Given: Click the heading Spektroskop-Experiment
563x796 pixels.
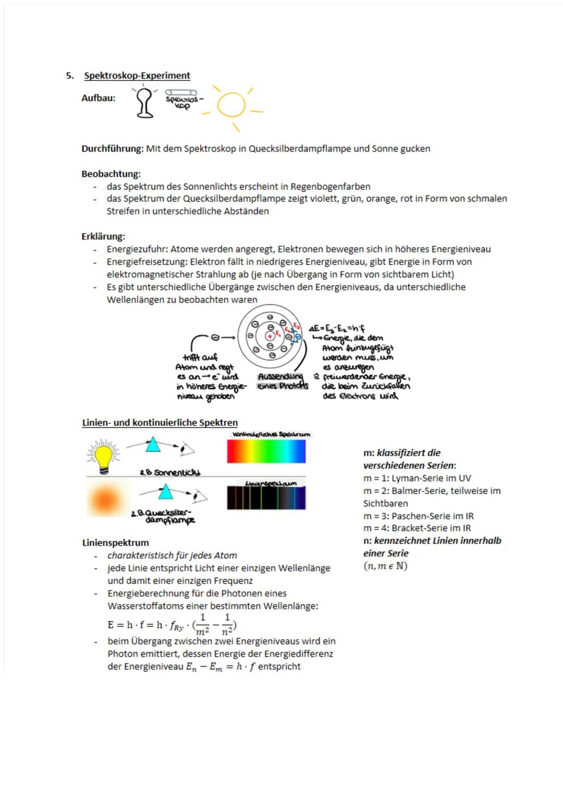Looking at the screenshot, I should tap(137, 76).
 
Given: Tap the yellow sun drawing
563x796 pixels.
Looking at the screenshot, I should tap(231, 106).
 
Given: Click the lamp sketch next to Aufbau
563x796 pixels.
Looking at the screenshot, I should tap(145, 102).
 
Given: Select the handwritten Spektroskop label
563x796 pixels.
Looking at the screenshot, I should tap(182, 102).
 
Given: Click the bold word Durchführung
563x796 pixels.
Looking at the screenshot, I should tap(112, 149).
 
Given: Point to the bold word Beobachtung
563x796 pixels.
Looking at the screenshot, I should tap(111, 174).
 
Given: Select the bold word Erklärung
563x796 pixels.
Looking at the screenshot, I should tap(103, 237).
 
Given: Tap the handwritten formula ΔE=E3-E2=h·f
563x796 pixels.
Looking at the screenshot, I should tap(337, 328).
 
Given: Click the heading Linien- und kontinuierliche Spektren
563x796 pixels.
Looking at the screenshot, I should tap(160, 423).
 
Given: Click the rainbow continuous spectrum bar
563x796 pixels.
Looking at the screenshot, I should tap(266, 451).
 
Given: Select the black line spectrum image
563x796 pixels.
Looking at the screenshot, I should tap(266, 498).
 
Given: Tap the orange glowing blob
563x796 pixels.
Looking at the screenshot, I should tap(106, 499).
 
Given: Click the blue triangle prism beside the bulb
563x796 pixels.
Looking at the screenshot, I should tap(153, 445).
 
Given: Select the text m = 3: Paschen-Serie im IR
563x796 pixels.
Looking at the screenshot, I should tap(418, 516).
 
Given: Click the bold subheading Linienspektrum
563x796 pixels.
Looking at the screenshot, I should tap(115, 543).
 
